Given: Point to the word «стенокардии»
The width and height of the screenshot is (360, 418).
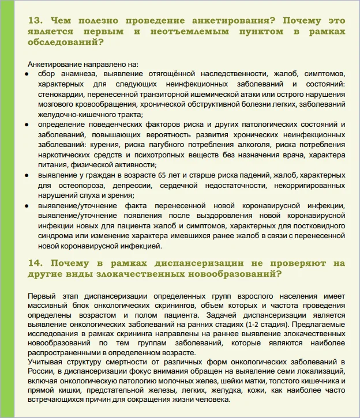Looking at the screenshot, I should tap(61, 94).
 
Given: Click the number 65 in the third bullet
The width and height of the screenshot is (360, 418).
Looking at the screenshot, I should tap(147, 174).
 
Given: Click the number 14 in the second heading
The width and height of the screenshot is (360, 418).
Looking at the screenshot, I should tap(35, 263).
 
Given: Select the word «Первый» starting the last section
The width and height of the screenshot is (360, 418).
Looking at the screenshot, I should tap(40, 296).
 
